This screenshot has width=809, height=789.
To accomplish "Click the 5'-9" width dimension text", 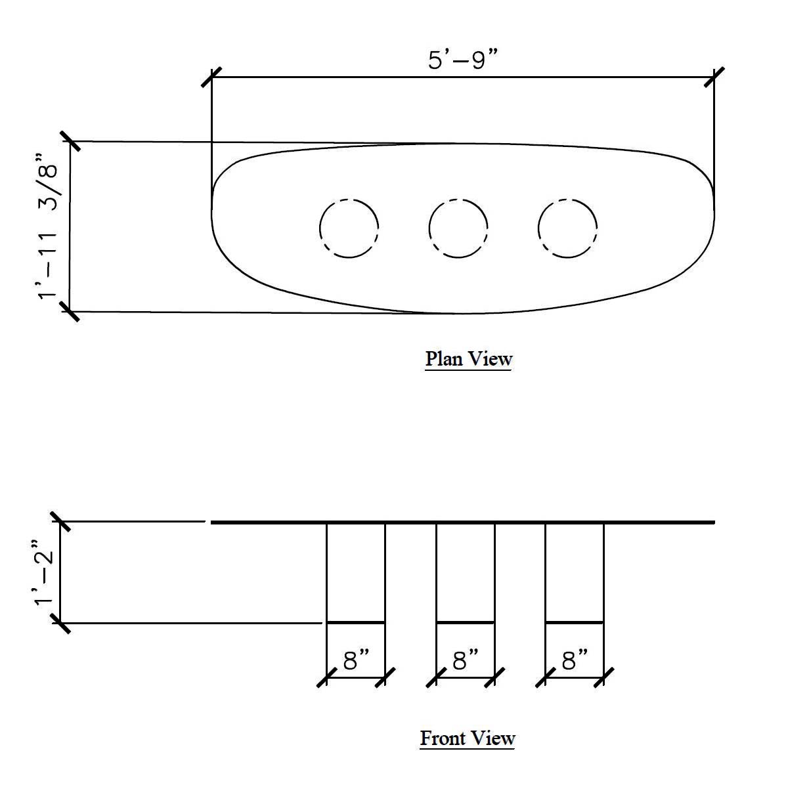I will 463,60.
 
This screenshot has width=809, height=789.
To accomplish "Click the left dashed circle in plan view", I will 349,228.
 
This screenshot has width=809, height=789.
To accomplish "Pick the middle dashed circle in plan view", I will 458,228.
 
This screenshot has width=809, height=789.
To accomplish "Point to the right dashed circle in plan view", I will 567,228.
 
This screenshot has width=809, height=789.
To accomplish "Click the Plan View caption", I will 468,359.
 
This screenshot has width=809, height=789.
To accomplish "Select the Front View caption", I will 468,738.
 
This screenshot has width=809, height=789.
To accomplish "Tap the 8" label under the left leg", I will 356,660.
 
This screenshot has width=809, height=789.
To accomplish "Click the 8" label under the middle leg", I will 466,660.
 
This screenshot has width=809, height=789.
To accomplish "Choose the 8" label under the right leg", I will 575,660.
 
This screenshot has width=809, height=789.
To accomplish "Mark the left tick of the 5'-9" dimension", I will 211,77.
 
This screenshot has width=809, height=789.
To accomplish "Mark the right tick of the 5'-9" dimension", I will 714,77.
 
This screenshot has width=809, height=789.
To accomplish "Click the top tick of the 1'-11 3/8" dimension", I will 70,141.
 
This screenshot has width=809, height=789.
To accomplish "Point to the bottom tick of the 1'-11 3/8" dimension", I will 70,311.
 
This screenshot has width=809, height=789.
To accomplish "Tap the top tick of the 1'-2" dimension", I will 60,522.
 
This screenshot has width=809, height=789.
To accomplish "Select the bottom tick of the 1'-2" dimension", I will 60,623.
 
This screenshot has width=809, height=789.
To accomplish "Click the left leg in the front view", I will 356,572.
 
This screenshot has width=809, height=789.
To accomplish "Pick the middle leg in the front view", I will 466,572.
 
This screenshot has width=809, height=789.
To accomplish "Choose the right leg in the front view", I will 575,572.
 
